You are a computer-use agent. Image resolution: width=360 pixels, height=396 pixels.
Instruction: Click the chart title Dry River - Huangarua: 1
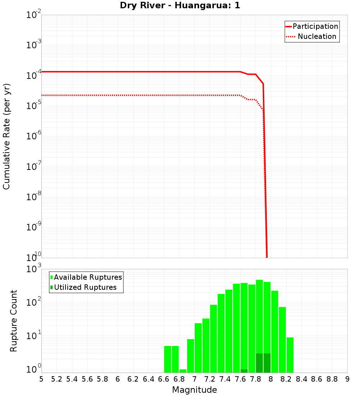[180, 6]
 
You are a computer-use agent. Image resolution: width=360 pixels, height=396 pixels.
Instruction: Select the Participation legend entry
[315, 26]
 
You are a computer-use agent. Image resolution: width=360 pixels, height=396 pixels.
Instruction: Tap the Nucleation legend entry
[316, 36]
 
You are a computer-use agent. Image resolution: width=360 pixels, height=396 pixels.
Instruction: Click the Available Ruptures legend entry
[88, 277]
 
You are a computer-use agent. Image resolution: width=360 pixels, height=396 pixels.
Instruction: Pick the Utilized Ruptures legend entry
[85, 287]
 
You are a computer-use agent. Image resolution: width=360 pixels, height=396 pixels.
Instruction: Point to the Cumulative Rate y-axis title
[7, 136]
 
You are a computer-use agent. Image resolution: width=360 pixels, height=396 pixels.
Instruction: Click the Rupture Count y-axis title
[14, 321]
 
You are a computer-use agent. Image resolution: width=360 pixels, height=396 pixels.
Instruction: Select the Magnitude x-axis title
[194, 390]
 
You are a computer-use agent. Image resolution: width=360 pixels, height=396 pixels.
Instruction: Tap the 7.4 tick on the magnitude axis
[225, 379]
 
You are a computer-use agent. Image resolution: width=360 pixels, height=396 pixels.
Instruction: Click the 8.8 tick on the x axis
[332, 379]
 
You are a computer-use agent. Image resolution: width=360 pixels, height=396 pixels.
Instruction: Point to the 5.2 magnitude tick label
[57, 379]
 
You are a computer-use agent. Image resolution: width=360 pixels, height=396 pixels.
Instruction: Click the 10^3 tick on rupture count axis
[34, 269]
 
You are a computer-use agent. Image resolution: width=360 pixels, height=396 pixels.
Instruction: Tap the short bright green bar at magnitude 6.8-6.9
[183, 371]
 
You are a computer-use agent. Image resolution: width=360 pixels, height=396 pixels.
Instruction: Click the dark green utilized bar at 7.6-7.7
[244, 371]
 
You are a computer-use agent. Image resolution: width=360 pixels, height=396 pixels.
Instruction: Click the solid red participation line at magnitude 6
[118, 72]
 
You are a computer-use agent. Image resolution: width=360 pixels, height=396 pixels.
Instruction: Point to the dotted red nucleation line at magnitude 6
[118, 95]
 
